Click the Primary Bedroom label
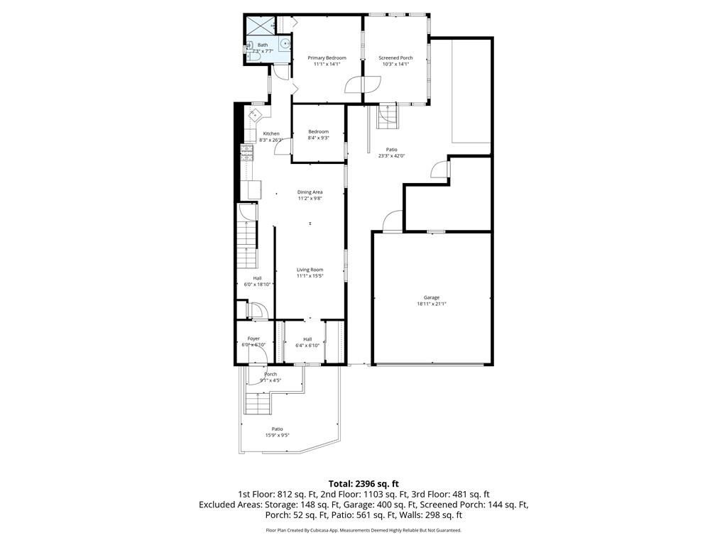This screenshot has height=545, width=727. [x=327, y=57]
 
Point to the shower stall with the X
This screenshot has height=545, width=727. [x=259, y=26]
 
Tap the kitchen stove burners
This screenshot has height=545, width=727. [x=247, y=153]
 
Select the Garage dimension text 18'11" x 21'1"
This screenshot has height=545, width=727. [x=432, y=304]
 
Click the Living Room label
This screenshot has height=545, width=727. [x=310, y=270]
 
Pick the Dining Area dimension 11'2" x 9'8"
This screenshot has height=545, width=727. [x=310, y=199]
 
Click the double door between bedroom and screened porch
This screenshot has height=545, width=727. [x=362, y=85]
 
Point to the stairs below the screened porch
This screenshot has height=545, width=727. [x=388, y=115]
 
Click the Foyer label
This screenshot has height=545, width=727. [x=253, y=338]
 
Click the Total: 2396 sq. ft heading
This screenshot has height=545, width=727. [x=363, y=484]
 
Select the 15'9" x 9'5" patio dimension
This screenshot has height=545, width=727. [x=278, y=435]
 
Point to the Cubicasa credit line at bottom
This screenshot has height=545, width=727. [x=363, y=530]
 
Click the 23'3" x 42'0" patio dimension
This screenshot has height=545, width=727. [x=391, y=156]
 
